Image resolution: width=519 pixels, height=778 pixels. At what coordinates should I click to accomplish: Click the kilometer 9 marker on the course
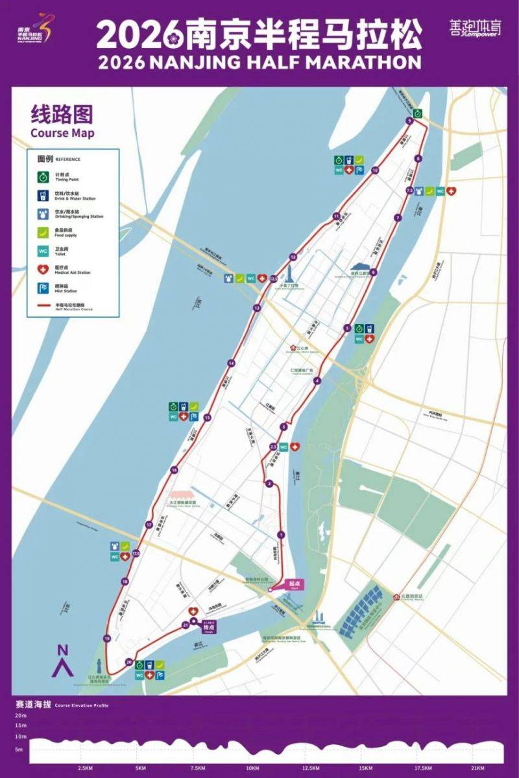click(409, 121)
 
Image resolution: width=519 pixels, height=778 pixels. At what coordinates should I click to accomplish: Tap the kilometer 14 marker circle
click(230, 363)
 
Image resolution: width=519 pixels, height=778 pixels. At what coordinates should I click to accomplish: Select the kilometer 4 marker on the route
click(317, 381)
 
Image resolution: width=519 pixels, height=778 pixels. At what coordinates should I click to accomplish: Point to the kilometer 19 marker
click(106, 639)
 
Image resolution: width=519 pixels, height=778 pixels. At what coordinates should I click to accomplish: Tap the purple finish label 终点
click(208, 628)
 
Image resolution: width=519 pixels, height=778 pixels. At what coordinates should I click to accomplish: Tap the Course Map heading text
click(62, 134)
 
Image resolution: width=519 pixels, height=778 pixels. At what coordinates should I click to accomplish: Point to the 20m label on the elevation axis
click(21, 714)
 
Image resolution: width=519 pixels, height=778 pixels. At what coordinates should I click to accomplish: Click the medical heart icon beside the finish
click(193, 611)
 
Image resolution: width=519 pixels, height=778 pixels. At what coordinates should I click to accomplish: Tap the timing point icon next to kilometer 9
click(418, 113)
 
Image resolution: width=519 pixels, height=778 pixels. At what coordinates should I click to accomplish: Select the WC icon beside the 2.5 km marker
click(284, 447)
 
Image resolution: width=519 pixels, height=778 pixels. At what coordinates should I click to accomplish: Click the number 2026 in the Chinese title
click(139, 34)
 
